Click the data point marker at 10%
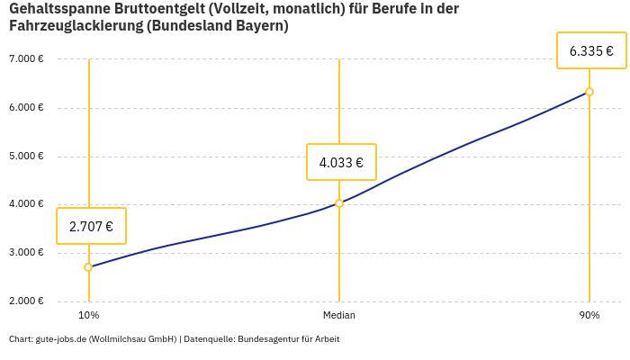pyautogui.click(x=88, y=267)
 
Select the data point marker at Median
pyautogui.click(x=339, y=203)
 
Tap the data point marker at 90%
pyautogui.click(x=589, y=92)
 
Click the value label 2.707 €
pyautogui.click(x=91, y=227)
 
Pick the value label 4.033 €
pyautogui.click(x=341, y=163)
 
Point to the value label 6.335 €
pyautogui.click(x=591, y=51)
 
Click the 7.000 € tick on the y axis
pyautogui.click(x=26, y=59)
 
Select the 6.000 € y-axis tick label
pyautogui.click(x=26, y=108)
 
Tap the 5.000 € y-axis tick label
pyautogui.click(x=26, y=157)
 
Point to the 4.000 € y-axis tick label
pyautogui.click(x=26, y=204)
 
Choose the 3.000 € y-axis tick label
pyautogui.click(x=26, y=253)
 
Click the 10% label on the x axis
pyautogui.click(x=88, y=316)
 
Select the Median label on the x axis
pyautogui.click(x=339, y=316)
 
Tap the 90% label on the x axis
pyautogui.click(x=589, y=316)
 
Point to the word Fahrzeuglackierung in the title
pyautogui.click(x=76, y=26)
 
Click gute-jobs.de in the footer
pyautogui.click(x=60, y=339)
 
